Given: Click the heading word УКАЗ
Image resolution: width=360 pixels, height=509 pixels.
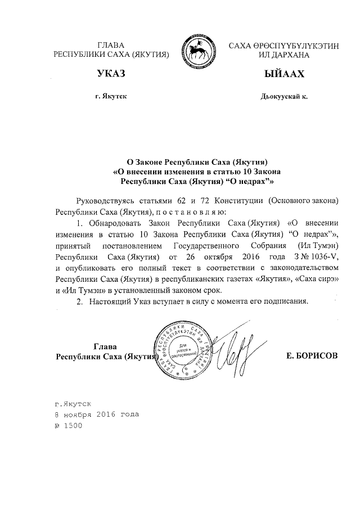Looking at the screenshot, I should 111,74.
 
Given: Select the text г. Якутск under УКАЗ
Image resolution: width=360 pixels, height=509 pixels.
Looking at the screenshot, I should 111,97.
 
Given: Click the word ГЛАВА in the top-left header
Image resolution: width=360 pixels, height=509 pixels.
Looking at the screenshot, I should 111,44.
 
